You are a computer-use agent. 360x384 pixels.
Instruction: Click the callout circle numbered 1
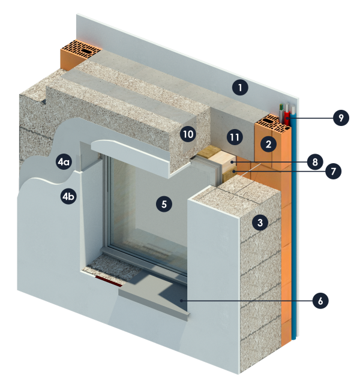point(240,88)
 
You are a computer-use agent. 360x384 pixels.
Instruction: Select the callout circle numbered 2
point(268,143)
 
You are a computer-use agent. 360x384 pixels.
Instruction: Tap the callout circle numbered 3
point(259,223)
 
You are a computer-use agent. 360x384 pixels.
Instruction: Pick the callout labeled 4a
point(64,161)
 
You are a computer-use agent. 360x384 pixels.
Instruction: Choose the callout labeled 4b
point(69,196)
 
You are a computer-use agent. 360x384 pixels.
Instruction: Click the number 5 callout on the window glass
point(163,203)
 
